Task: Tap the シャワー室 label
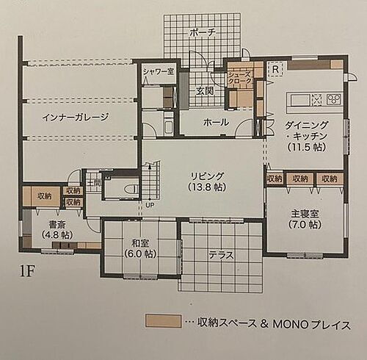[157, 71]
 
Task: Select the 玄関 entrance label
[204, 90]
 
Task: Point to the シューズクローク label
[239, 76]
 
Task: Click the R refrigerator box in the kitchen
[275, 70]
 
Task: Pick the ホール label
[215, 122]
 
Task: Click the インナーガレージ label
[76, 116]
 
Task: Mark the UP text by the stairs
[150, 205]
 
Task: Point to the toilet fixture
[129, 190]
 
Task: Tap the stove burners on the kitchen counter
[333, 98]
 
